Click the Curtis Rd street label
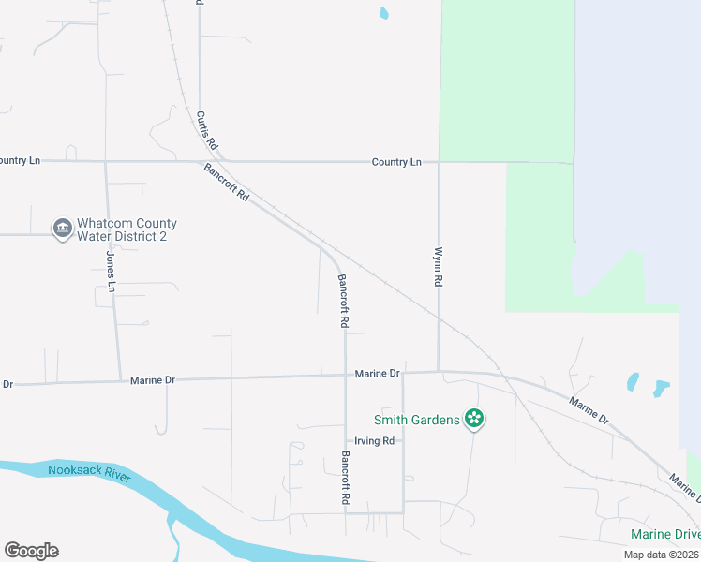207,131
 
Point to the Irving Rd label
374,441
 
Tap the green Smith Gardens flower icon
474,420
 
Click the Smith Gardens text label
416,420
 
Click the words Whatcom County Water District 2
127,230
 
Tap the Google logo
31,551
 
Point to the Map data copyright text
662,555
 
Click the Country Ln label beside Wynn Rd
396,162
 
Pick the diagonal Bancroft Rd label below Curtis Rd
227,183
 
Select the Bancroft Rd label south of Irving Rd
345,480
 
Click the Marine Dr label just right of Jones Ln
153,380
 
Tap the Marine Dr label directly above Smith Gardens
378,374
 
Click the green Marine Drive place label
664,535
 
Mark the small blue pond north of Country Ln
383,13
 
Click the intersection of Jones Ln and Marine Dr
120,380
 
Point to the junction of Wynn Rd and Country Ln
439,162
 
